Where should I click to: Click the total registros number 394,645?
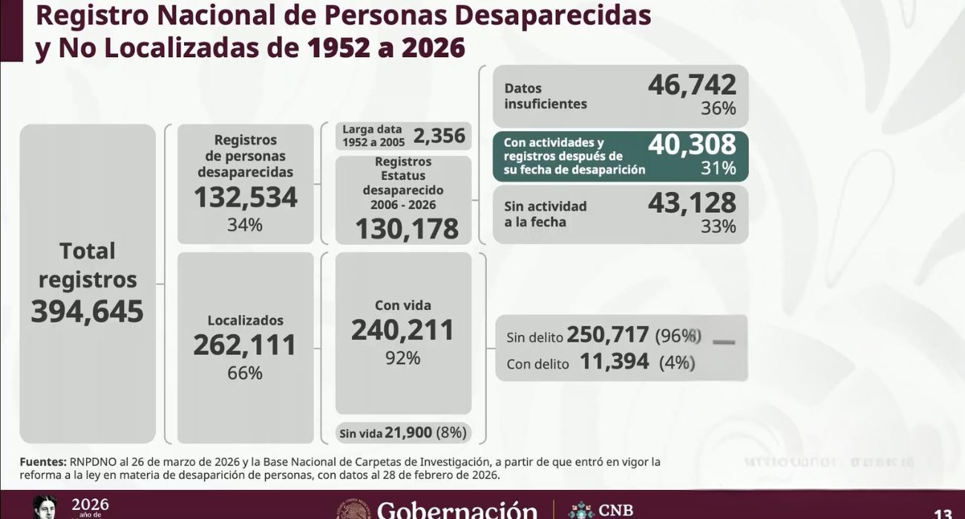click(88, 311)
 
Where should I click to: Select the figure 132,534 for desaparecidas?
click(245, 197)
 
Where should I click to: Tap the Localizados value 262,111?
click(245, 345)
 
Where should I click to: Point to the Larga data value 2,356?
click(439, 136)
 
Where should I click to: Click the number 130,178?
click(407, 228)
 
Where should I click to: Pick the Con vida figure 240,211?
click(403, 330)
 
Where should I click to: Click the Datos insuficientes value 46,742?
click(692, 85)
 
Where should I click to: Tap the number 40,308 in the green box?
click(692, 145)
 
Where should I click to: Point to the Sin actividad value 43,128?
click(692, 202)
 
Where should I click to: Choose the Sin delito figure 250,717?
click(608, 335)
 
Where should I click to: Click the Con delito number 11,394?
click(614, 362)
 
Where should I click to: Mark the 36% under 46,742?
click(718, 109)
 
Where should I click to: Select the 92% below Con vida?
click(403, 358)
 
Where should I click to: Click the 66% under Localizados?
click(245, 373)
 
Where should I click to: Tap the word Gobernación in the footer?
click(457, 510)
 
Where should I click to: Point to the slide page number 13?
click(943, 514)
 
